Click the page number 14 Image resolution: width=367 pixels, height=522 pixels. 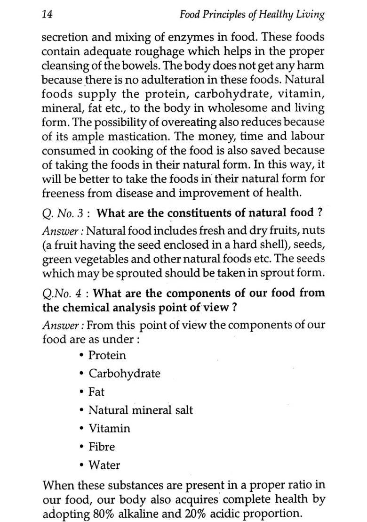47,15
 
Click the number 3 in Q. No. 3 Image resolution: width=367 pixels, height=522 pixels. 80,213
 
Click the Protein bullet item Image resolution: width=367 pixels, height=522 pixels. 107,355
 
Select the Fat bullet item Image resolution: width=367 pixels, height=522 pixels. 96,392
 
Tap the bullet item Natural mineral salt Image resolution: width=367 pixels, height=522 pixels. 141,410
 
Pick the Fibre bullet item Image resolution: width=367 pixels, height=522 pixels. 102,447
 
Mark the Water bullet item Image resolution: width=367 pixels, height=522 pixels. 104,465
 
